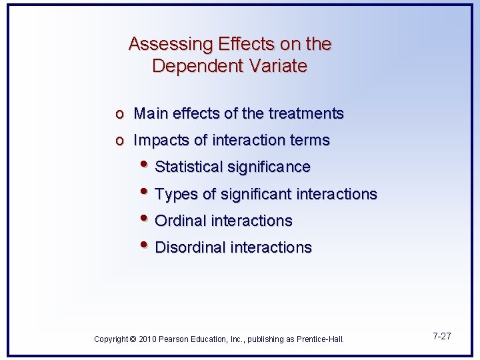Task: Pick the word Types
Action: pyautogui.click(x=175, y=195)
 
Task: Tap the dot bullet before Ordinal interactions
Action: pyautogui.click(x=146, y=219)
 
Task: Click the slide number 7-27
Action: pyautogui.click(x=441, y=336)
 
